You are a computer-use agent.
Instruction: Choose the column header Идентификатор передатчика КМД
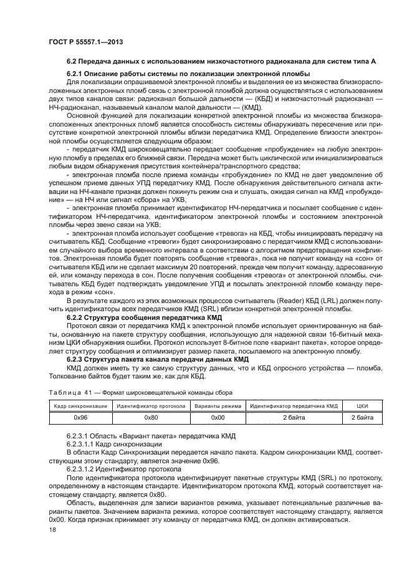click(x=293, y=406)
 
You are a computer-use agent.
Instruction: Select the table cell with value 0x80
click(x=151, y=417)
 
